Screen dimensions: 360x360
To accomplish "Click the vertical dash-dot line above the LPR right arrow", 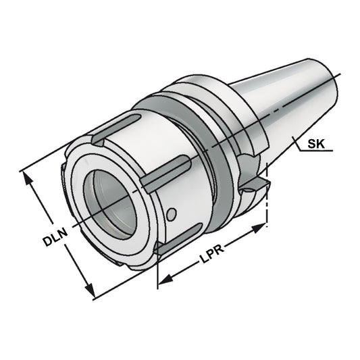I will coord(268,203).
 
